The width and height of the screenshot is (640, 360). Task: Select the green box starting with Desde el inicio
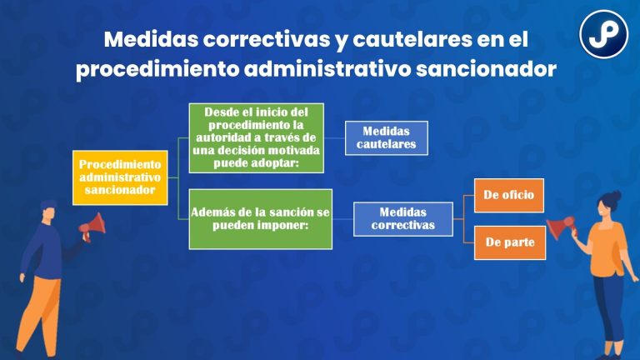256,137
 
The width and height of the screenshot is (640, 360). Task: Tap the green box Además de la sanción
260,219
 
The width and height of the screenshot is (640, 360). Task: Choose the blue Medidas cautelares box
387,138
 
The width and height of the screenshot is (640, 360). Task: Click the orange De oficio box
508,196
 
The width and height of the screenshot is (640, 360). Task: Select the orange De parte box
508,242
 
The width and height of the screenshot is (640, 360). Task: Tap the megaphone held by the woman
561,226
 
